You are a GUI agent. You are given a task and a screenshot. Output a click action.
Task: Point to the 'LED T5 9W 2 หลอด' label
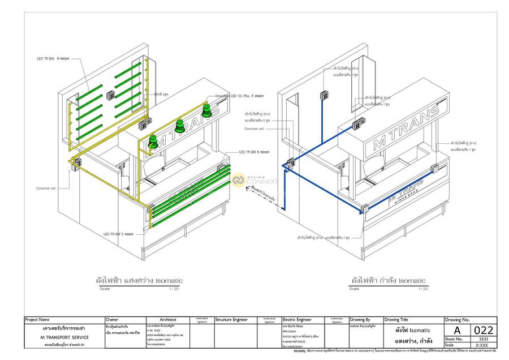click(x=121, y=233)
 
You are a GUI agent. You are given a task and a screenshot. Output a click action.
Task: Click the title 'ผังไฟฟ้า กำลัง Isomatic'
click(x=389, y=280)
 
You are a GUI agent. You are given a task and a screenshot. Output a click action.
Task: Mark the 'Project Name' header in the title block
click(x=37, y=320)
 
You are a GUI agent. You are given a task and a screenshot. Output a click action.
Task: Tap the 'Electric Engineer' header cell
click(x=297, y=320)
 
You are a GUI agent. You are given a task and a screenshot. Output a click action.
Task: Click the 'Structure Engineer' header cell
click(x=231, y=320)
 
